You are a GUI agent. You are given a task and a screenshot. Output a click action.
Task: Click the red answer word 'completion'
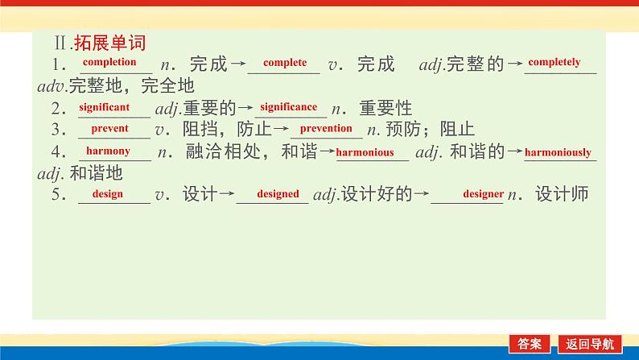tap(109, 62)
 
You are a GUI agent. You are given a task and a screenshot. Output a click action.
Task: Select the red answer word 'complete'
tap(285, 63)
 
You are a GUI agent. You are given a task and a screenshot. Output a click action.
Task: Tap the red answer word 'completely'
tap(554, 62)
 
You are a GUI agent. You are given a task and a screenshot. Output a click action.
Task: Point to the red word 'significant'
tap(104, 106)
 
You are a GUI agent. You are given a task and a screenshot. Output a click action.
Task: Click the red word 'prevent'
tap(109, 128)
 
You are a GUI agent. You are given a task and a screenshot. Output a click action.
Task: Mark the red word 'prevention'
tap(326, 128)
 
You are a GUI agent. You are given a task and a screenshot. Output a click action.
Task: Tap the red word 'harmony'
tap(108, 151)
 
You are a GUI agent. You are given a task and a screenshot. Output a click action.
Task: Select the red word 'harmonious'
tap(365, 152)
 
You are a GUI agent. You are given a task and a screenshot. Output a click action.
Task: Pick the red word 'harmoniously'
tap(558, 152)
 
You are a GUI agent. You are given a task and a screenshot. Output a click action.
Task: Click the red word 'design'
tap(106, 194)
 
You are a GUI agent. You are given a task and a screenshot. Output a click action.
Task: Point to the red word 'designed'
tap(278, 194)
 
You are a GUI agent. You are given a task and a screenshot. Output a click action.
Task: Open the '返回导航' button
tap(594, 343)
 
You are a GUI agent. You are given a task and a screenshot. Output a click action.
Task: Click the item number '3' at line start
tap(57, 130)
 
